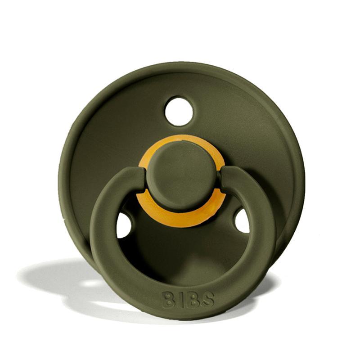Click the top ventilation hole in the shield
point(179,111)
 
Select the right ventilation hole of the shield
point(242,220)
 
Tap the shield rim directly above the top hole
point(180,67)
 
